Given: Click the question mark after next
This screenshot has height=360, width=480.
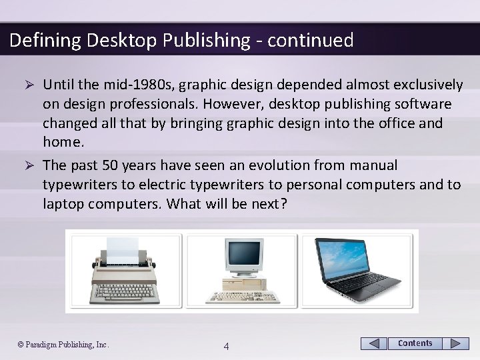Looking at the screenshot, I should (283, 203).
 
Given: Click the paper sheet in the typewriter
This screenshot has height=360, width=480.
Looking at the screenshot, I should (122, 247).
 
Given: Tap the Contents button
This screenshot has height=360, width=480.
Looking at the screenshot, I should (415, 343).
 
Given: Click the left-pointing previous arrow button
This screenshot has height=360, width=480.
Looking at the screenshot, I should (374, 343).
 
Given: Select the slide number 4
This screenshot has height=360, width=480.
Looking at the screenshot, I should (227, 346).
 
